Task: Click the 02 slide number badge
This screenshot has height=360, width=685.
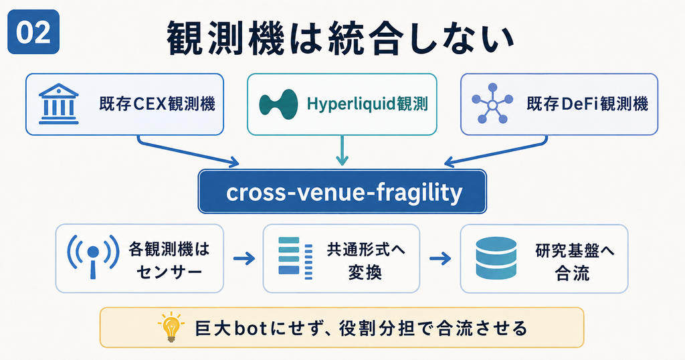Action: pyautogui.click(x=33, y=32)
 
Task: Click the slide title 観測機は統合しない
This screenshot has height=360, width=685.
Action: pyautogui.click(x=340, y=39)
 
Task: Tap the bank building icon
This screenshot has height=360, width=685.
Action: pyautogui.click(x=59, y=104)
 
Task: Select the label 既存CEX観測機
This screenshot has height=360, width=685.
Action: pyautogui.click(x=157, y=104)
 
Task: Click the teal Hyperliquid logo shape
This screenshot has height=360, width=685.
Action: pyautogui.click(x=278, y=104)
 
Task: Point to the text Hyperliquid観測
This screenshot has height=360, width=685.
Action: pyautogui.click(x=367, y=104)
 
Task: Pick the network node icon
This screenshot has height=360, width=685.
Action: pyautogui.click(x=492, y=104)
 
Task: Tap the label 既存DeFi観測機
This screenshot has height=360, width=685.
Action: pyautogui.click(x=587, y=104)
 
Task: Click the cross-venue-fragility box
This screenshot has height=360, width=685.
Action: pyautogui.click(x=342, y=191)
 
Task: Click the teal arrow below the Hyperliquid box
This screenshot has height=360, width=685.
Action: pyautogui.click(x=342, y=151)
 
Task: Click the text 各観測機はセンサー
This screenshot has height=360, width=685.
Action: pyautogui.click(x=169, y=260)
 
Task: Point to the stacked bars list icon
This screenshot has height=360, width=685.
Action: pyautogui.click(x=295, y=258)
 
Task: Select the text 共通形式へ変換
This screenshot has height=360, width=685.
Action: pyautogui.click(x=366, y=260)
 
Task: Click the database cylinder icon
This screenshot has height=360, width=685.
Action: pyautogui.click(x=496, y=258)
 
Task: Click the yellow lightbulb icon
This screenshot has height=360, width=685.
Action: pyautogui.click(x=171, y=327)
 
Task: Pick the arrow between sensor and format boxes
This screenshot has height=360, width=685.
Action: pyautogui.click(x=243, y=259)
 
